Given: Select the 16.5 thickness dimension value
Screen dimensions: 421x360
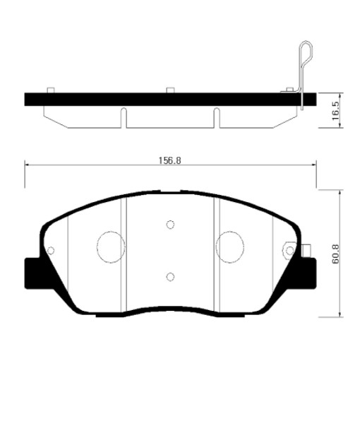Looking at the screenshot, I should [335, 111].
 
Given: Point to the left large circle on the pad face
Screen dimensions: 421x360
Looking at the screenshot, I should [109, 247].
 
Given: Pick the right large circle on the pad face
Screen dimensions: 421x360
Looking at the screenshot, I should [230, 247].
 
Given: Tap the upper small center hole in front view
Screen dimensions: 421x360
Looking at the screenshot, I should [170, 225].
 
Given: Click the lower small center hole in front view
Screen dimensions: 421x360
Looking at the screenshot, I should [170, 276].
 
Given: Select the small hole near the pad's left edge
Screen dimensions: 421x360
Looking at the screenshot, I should [50, 249].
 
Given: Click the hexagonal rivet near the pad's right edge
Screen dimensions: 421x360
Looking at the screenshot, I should [289, 250].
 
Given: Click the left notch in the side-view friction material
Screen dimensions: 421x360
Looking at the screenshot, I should [124, 117].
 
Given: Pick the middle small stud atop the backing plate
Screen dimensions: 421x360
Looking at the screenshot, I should [170, 90].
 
